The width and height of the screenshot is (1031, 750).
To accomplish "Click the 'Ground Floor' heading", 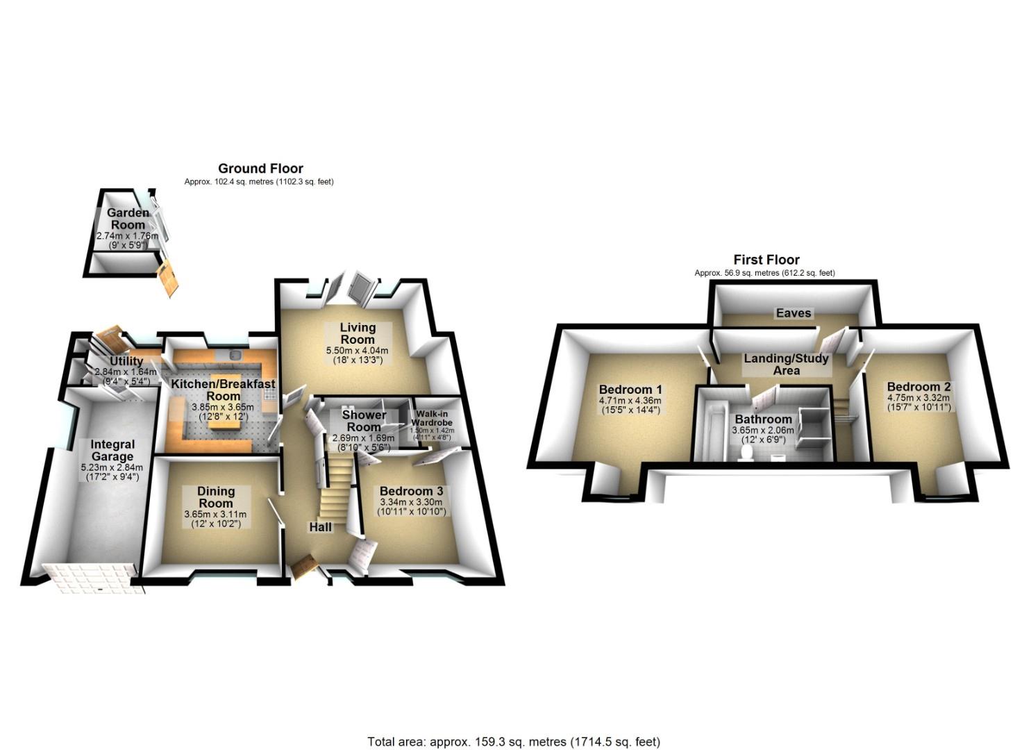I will (x=260, y=168).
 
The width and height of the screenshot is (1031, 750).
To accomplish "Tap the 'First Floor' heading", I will (x=766, y=260).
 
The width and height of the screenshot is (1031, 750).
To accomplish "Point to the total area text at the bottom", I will (x=514, y=742).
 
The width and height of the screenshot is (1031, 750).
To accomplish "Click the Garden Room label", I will (x=128, y=219).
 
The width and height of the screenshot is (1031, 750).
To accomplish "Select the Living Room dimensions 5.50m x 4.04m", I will (x=357, y=351).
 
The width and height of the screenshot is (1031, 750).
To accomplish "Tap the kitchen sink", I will (x=236, y=356).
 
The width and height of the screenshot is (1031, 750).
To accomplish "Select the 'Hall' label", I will (x=321, y=528).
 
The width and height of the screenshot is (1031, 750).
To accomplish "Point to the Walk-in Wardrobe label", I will (x=432, y=418).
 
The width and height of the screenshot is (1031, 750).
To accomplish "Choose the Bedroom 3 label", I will (x=411, y=492).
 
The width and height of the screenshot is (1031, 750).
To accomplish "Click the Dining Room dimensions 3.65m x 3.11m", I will (x=215, y=514).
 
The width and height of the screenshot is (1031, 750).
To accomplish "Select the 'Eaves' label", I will (x=794, y=313).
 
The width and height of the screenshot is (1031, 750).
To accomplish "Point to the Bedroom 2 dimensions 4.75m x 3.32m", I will (x=918, y=398).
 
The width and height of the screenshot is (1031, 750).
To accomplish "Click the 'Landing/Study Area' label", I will (x=786, y=365).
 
